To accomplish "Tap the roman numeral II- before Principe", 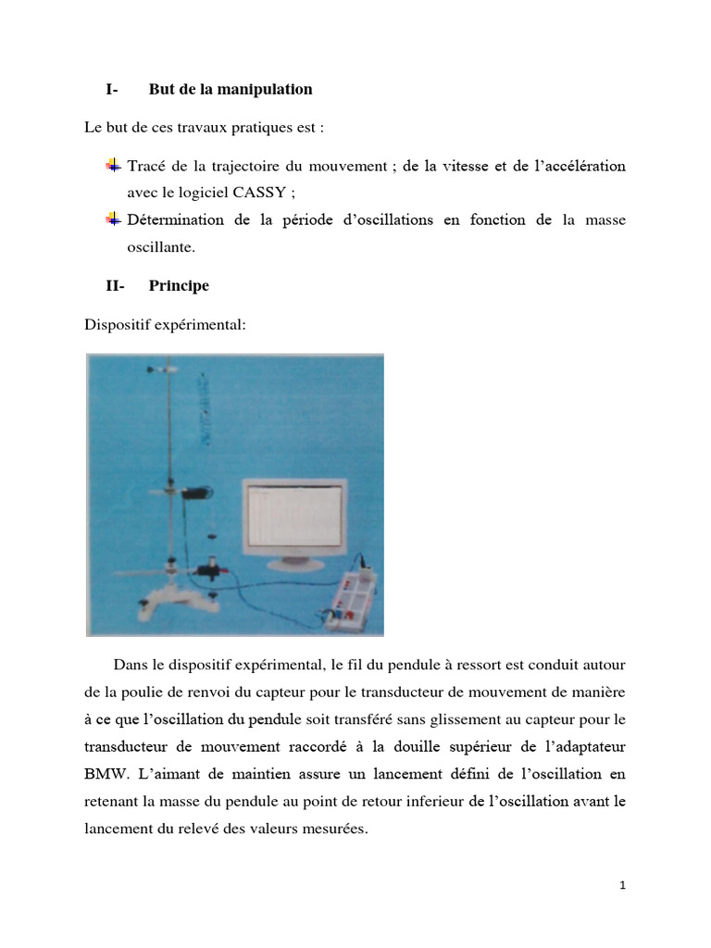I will (115, 286).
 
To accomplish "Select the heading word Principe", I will (179, 286).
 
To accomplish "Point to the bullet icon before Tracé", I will (113, 166).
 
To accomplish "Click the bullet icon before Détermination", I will (113, 219).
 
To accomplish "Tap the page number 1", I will (623, 886).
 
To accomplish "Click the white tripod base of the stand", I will (176, 592).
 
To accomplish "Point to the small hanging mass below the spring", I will (212, 534).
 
